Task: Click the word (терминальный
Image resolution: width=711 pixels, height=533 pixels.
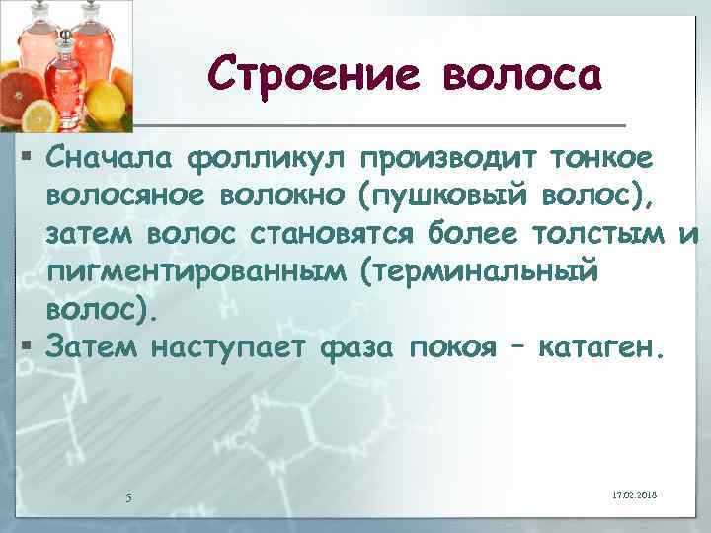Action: [478, 272]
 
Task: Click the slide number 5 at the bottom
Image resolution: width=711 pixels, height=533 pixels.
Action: [129, 496]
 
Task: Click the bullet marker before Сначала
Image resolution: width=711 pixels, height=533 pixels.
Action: [33, 157]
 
